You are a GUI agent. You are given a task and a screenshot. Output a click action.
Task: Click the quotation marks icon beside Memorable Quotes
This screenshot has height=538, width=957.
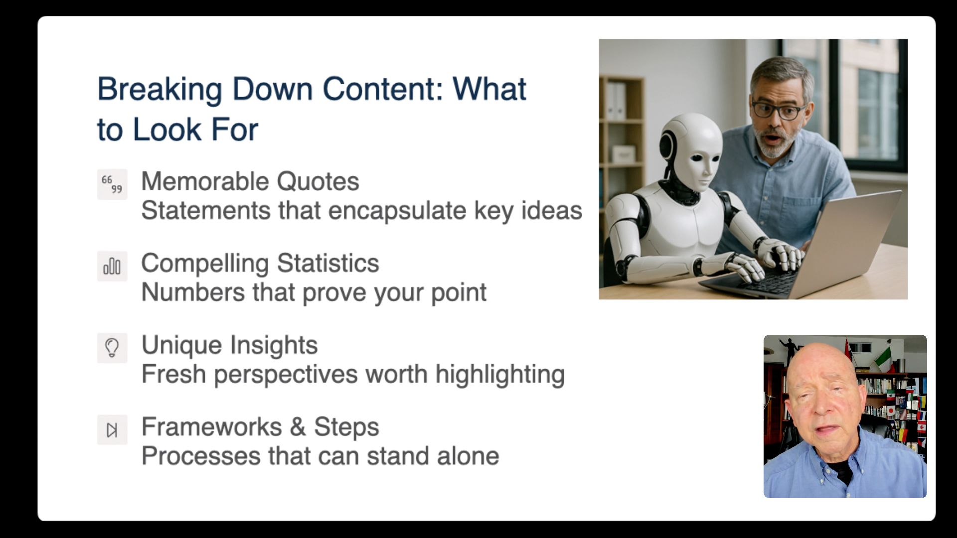[x=112, y=184]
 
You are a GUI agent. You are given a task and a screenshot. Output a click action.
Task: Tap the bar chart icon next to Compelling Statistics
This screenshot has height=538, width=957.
[x=112, y=266]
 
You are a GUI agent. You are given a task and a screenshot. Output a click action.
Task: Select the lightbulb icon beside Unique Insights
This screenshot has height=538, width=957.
[x=112, y=348]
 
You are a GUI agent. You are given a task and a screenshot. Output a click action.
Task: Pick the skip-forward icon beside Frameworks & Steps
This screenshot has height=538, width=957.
[x=112, y=429]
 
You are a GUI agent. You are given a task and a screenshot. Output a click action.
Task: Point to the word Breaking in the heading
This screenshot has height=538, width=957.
[x=159, y=90]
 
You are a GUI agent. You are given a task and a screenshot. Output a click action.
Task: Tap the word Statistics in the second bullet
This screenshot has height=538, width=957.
[x=328, y=263]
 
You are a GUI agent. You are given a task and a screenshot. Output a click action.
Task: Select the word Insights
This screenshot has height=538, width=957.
[x=274, y=345]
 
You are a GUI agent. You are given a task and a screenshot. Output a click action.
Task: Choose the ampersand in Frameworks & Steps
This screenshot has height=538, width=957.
[x=298, y=427]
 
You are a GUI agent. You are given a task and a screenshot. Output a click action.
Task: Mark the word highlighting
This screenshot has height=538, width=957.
[x=500, y=375]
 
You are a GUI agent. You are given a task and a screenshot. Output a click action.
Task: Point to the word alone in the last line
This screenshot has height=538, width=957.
[x=468, y=456]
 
